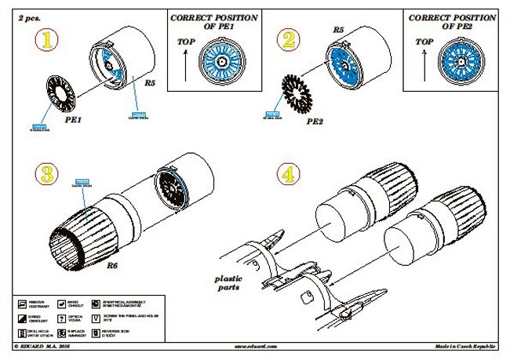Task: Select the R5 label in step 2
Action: pyautogui.click(x=338, y=30)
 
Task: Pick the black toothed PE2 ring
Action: pyautogui.click(x=301, y=93)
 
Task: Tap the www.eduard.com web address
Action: pyautogui.click(x=255, y=346)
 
